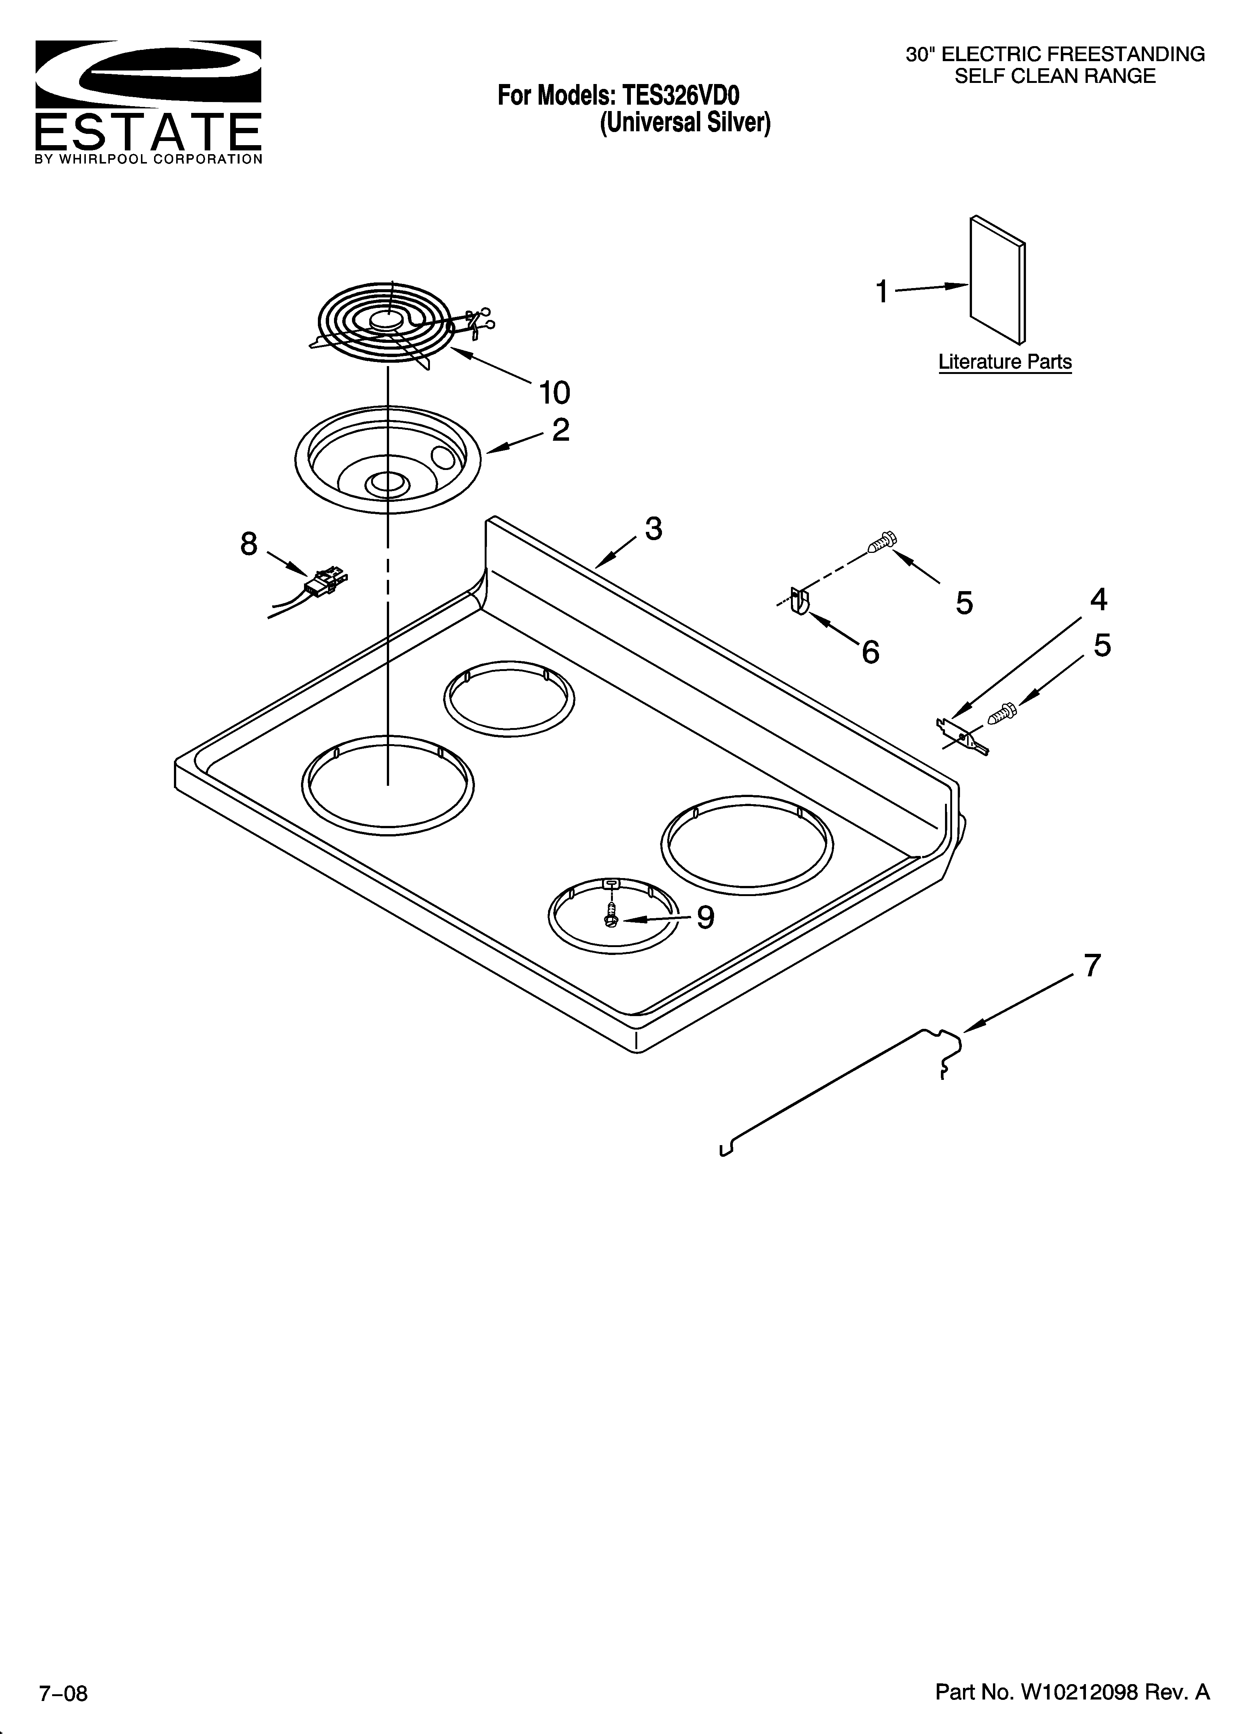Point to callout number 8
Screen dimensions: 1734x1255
(x=249, y=544)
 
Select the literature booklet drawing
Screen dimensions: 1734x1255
(x=997, y=281)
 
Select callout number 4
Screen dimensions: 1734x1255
(x=1098, y=599)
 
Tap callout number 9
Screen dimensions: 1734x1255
(x=705, y=917)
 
